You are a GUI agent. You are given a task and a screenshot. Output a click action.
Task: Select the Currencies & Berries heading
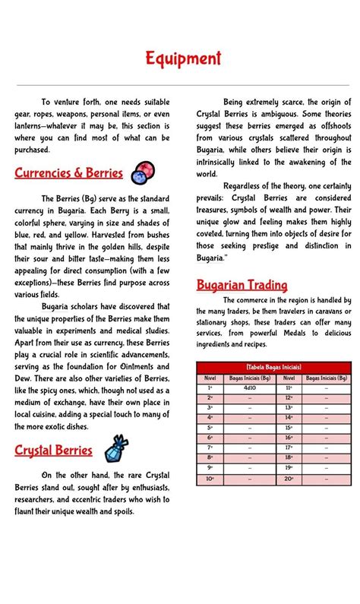[x=68, y=173]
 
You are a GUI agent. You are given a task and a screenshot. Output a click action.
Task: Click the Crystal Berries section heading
[x=53, y=451]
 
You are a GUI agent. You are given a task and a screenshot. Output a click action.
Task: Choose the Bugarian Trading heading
[x=242, y=286]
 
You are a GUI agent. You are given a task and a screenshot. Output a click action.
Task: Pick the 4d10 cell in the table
[x=249, y=387]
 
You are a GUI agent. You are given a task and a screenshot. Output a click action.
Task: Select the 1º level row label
[x=210, y=387]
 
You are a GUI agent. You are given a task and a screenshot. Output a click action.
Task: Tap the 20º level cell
[x=289, y=479]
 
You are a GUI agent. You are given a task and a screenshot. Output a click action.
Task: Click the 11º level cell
[x=289, y=387]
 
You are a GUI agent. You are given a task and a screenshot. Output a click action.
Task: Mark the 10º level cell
[x=210, y=479]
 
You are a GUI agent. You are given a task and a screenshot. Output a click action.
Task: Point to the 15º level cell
[x=289, y=428]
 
